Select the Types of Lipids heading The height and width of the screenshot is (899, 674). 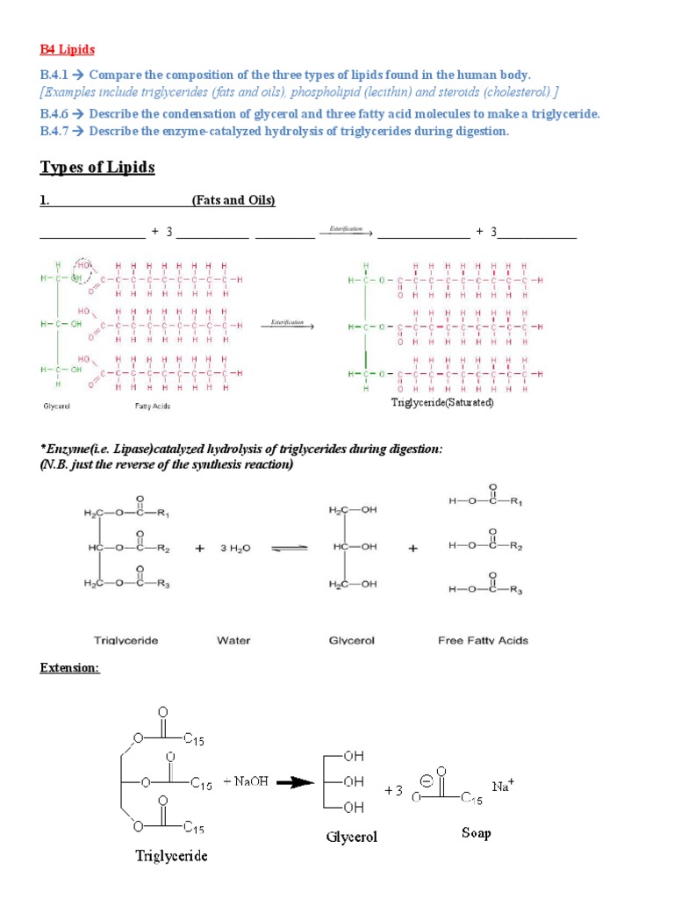97,167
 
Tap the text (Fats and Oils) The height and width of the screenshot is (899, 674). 233,201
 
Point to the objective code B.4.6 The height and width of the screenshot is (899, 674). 54,115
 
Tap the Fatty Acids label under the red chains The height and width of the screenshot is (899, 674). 152,406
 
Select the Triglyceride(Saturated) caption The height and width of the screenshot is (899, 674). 442,403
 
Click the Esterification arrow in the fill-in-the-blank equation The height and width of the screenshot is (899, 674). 347,232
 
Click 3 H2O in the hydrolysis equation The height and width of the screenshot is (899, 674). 234,547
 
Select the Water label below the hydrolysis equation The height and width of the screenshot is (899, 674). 233,640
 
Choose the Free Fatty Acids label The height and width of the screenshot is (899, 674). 483,640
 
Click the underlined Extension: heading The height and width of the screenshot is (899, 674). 70,668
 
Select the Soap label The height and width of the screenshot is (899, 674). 476,832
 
